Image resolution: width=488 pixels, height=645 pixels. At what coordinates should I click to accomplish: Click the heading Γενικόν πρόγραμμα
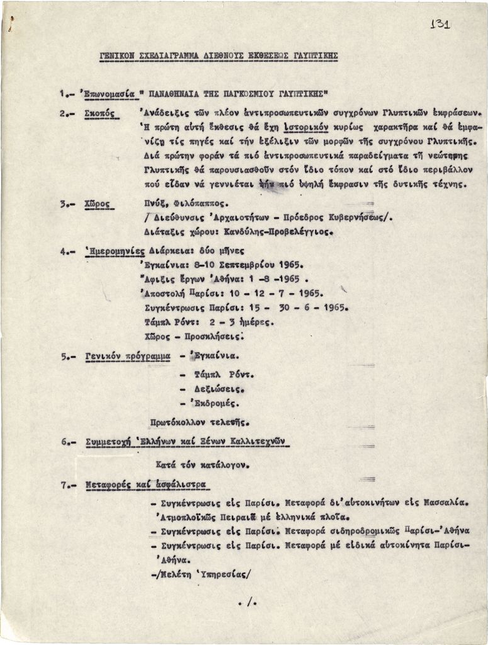(x=128, y=356)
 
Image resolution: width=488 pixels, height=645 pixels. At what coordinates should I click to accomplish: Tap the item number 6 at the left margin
(x=65, y=442)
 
